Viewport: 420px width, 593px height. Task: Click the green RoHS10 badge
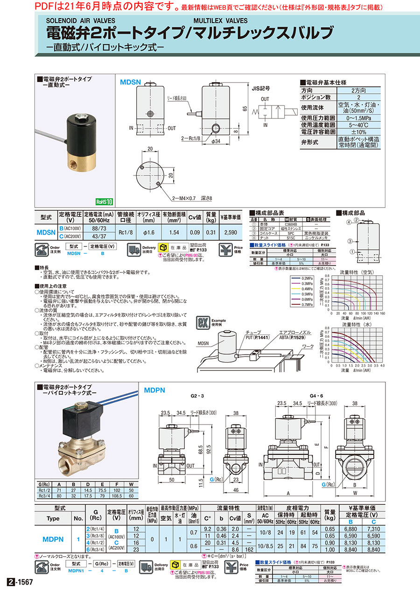[105, 202]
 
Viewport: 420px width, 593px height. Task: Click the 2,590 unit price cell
[231, 232]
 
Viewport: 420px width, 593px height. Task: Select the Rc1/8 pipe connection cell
[126, 232]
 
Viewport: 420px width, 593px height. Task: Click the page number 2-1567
[21, 582]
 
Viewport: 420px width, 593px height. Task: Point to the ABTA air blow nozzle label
[292, 335]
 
